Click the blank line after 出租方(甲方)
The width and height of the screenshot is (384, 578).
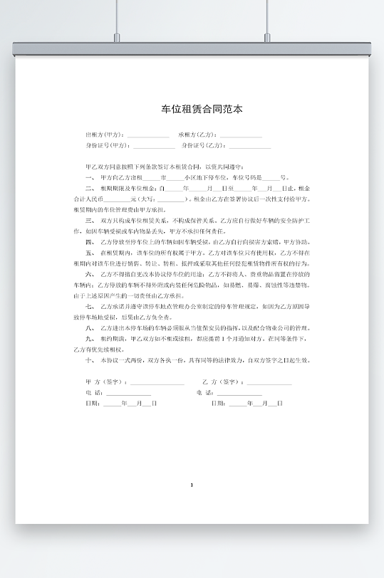point(148,135)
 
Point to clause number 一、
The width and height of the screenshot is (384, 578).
point(90,177)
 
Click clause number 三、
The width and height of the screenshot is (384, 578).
point(90,221)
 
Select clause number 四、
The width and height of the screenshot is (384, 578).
point(90,241)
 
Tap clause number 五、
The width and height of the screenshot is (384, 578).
point(90,252)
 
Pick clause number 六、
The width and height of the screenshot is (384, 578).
point(90,273)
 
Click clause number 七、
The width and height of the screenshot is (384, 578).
point(90,306)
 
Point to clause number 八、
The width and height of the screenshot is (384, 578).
point(90,327)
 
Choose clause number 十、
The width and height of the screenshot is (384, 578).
point(90,360)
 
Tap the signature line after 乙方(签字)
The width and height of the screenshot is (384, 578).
point(269,382)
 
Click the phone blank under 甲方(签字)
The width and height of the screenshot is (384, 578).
point(129,393)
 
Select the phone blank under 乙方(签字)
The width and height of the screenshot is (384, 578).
point(240,393)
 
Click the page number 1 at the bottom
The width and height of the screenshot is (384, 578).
point(192,485)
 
